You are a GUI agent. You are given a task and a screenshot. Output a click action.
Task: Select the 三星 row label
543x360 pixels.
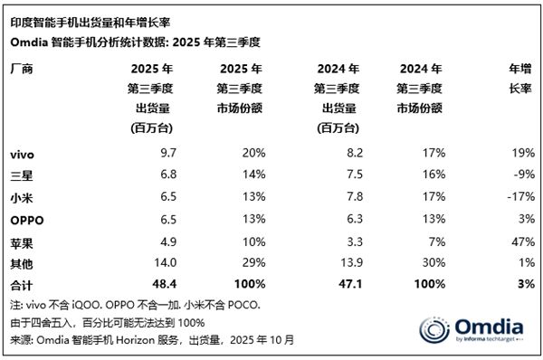(20, 175)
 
